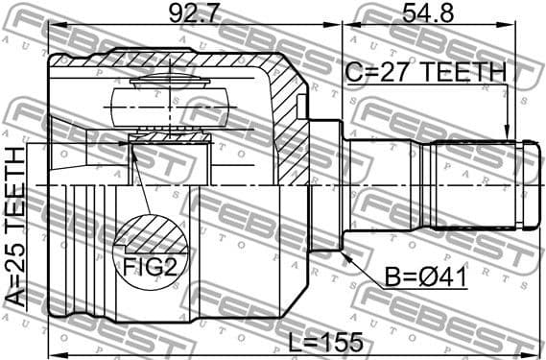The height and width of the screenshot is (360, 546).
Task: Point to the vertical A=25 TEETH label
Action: tap(16, 226)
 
